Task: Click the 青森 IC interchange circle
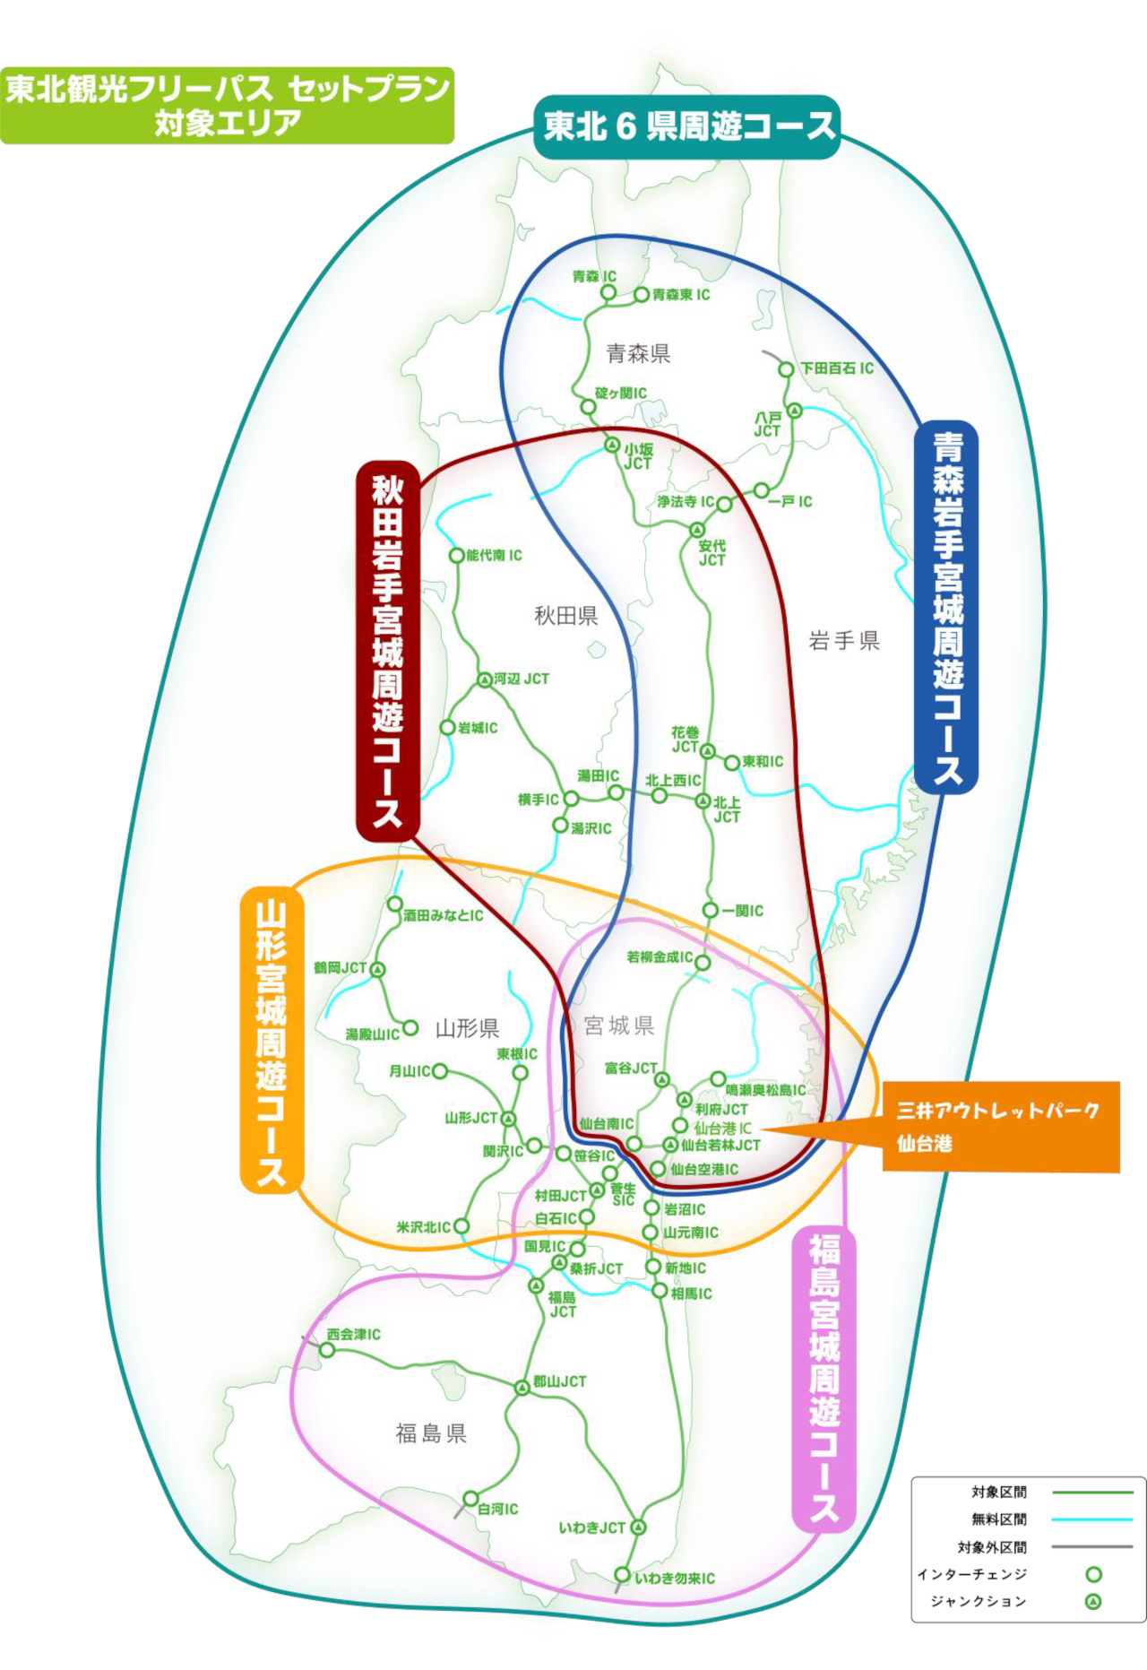[x=608, y=292]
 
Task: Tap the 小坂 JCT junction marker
[x=611, y=445]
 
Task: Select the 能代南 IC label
[x=494, y=556]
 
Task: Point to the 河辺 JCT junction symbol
[x=485, y=680]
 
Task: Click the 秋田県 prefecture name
[x=566, y=616]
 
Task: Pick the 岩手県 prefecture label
[x=844, y=640]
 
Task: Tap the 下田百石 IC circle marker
[x=786, y=369]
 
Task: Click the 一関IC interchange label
[x=743, y=911]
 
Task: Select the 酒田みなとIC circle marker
[x=394, y=904]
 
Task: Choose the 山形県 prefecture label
[x=467, y=1028]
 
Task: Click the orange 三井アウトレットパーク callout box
[x=1001, y=1127]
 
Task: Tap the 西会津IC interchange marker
[x=328, y=1350]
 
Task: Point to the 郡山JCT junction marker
[x=522, y=1388]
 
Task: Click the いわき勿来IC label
[x=675, y=1579]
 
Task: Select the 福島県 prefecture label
[x=431, y=1433]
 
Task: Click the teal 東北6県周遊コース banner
[x=687, y=126]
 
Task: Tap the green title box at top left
[x=227, y=105]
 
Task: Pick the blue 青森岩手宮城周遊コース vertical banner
[x=946, y=607]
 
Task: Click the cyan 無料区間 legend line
[x=1092, y=1519]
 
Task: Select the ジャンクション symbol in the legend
[x=1093, y=1601]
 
